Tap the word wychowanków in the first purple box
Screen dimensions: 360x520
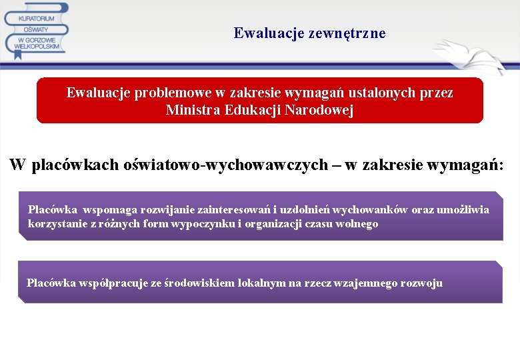tap(370, 210)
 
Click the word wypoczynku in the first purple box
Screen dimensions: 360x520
tap(207, 224)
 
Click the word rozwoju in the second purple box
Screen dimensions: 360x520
tap(421, 283)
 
